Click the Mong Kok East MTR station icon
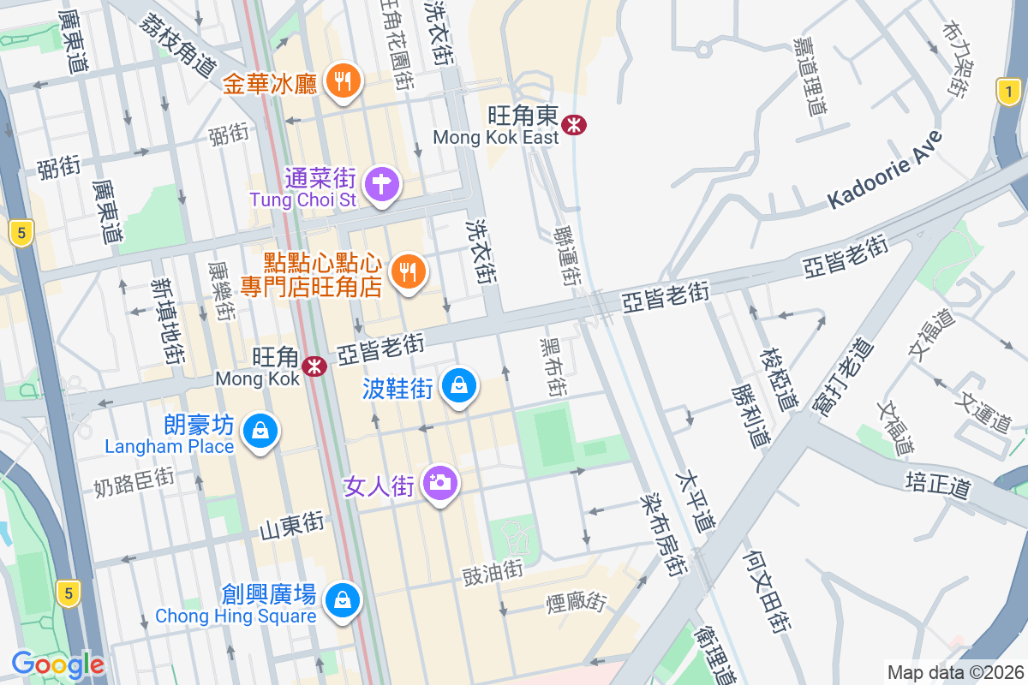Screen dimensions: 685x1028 click(574, 126)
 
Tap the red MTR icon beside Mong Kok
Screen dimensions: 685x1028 click(314, 366)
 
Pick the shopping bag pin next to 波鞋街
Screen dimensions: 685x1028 click(459, 387)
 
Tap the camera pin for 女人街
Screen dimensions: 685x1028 click(440, 484)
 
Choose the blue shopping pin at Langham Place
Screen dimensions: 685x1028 click(259, 431)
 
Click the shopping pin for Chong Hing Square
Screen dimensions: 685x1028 click(343, 599)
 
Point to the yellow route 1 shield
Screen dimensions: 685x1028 click(1010, 92)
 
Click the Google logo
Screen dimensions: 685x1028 click(57, 664)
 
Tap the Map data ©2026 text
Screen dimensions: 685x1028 click(955, 672)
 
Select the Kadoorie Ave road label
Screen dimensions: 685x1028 click(885, 170)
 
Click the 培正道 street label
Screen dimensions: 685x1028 click(939, 485)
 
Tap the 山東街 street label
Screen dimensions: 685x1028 click(293, 522)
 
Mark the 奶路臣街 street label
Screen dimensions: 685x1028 click(134, 481)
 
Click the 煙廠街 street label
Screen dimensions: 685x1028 click(577, 602)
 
